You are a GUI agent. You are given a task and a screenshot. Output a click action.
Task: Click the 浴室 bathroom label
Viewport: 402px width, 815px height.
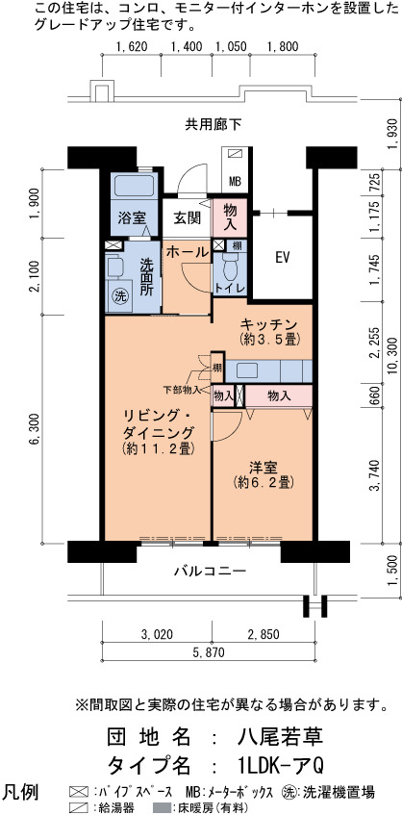131,218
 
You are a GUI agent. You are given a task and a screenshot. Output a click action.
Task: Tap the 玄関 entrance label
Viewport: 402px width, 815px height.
187,218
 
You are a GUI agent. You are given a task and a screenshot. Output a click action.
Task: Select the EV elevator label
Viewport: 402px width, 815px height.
282,257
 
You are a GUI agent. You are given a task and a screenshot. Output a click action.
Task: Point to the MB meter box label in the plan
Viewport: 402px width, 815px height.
235,182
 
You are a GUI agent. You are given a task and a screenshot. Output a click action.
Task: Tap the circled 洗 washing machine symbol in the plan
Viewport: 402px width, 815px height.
120,297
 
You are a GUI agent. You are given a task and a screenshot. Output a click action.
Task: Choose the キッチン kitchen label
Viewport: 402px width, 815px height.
267,325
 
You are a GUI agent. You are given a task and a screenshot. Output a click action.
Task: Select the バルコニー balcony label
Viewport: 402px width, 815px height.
202,572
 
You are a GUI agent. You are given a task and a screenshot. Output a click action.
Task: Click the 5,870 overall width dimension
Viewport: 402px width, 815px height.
208,652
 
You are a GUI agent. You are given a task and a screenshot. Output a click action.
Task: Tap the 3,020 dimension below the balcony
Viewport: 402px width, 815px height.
157,634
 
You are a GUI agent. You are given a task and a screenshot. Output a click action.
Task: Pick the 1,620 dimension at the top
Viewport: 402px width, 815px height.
132,47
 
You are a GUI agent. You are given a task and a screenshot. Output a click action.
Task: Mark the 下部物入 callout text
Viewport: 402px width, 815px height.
181,389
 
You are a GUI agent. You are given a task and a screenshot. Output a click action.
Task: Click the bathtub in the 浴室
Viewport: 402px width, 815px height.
134,187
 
